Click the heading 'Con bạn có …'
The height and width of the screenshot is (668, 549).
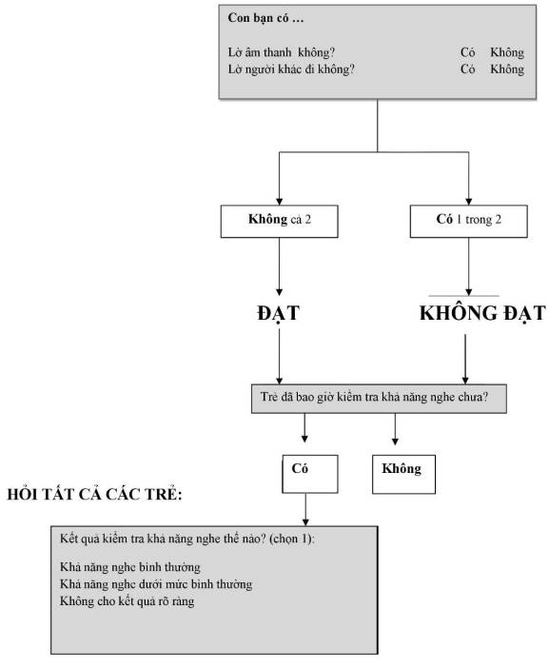tap(265, 18)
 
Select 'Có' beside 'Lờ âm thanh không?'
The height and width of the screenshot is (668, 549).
tap(467, 52)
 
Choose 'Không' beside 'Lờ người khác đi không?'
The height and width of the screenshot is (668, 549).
tap(507, 69)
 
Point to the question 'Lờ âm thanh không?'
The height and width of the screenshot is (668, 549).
tap(282, 52)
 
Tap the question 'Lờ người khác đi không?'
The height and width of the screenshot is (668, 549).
tap(291, 69)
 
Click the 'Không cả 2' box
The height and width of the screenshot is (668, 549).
tap(280, 221)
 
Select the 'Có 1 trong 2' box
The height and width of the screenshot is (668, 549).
tap(468, 221)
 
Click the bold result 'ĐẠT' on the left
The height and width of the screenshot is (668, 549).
tap(278, 313)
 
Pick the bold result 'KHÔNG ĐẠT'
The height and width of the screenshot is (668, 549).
tap(482, 313)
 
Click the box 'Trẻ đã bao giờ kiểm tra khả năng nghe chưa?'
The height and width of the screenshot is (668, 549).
tap(379, 399)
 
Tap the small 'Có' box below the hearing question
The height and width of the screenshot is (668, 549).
tap(310, 474)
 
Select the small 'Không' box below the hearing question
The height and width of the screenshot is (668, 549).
tap(403, 474)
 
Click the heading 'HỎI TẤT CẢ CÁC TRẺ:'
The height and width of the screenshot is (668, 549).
tap(94, 494)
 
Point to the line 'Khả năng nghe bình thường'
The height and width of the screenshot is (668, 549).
tap(130, 567)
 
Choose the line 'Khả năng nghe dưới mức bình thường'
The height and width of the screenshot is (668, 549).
tap(156, 584)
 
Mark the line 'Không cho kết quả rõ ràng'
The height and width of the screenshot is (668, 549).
tap(127, 601)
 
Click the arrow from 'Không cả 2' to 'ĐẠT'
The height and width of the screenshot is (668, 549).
tap(280, 266)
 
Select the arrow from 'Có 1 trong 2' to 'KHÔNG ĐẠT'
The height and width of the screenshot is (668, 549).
tap(468, 266)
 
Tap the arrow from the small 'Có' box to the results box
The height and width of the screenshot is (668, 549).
tap(305, 509)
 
